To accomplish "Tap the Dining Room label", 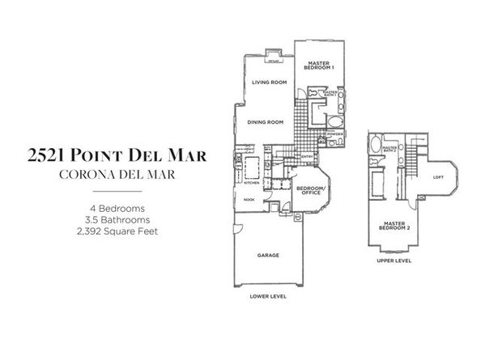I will click(265, 121).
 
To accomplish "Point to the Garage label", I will click(268, 256).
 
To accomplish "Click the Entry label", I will click(308, 157).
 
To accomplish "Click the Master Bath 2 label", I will click(391, 150).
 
